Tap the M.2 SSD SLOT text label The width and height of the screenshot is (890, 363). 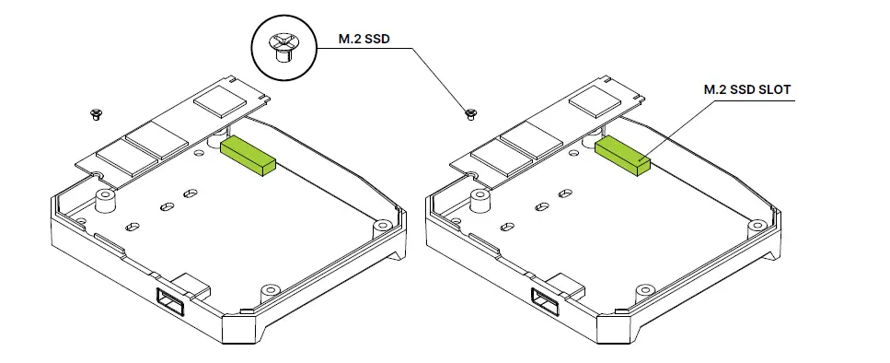point(746,89)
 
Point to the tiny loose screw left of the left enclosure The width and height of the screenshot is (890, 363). point(95,114)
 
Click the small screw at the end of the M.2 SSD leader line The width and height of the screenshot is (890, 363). point(471,113)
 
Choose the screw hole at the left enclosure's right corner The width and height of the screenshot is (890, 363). point(380,223)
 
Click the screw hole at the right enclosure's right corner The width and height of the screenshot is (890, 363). point(757,223)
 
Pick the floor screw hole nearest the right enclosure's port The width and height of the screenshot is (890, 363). point(641,290)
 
